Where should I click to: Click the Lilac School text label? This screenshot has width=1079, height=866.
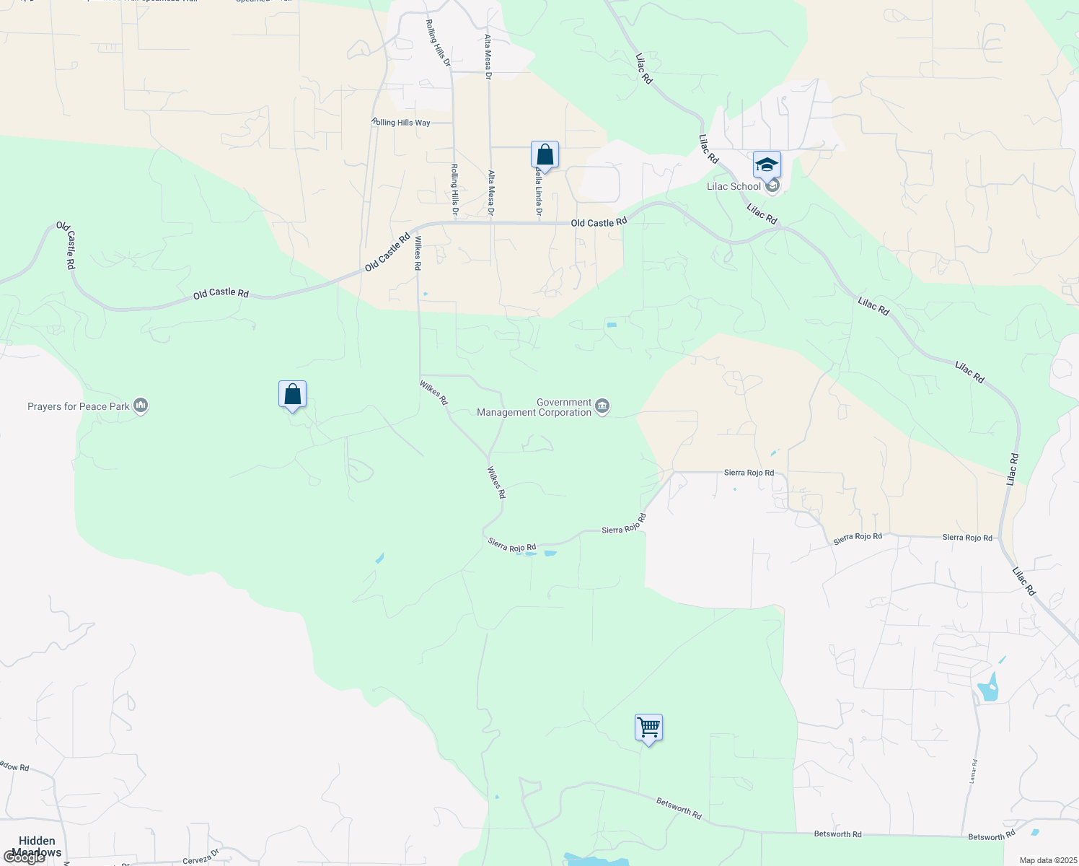734,186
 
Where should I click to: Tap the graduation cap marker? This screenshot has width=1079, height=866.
767,165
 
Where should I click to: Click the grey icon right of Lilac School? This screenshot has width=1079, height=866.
772,186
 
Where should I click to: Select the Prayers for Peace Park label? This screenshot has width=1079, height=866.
79,406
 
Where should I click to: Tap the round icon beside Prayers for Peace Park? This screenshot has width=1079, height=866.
141,406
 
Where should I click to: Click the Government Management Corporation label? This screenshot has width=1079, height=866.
534,408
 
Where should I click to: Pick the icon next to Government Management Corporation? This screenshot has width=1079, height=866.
602,407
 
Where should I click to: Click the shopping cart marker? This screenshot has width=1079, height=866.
648,727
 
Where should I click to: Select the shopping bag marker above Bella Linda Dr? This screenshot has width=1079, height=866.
545,155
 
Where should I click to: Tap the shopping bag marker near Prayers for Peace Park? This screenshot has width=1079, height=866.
292,395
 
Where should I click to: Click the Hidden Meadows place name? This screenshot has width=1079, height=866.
37,847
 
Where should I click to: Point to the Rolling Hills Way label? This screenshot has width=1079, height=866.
401,123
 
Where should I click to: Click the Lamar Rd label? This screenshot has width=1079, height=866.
973,771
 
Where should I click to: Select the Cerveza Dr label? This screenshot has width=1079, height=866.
201,857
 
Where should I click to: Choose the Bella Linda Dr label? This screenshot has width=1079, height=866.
538,193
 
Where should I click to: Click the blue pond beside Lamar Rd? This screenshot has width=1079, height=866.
988,688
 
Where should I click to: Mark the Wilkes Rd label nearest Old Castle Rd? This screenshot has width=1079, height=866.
418,253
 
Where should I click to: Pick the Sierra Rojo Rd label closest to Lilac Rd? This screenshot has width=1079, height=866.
967,538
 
